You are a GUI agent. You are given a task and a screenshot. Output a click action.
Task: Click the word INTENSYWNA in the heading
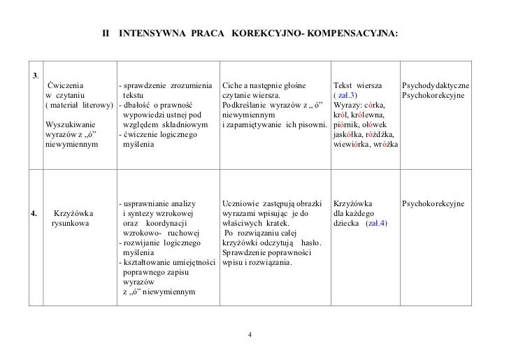tap(147, 33)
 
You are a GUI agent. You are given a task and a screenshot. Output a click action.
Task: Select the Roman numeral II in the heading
tap(106, 33)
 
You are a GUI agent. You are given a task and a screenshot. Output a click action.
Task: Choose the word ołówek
tap(379, 124)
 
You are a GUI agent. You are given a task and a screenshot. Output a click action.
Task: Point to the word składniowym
tap(183, 124)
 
